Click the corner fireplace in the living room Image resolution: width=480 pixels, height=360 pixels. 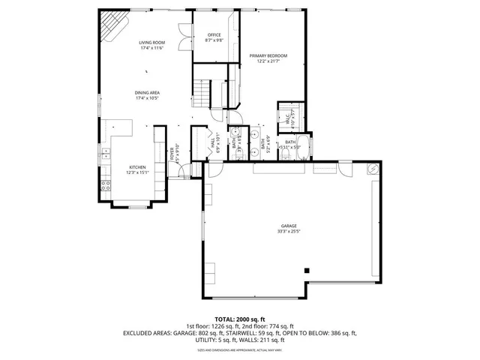(112, 26)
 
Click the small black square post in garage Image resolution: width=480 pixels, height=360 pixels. (306, 270)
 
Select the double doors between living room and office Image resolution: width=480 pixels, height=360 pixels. (182, 37)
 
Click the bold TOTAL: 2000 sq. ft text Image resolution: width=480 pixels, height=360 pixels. (240, 319)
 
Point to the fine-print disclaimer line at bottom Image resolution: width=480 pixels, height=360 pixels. (240, 349)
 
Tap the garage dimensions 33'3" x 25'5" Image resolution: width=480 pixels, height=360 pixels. (289, 232)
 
